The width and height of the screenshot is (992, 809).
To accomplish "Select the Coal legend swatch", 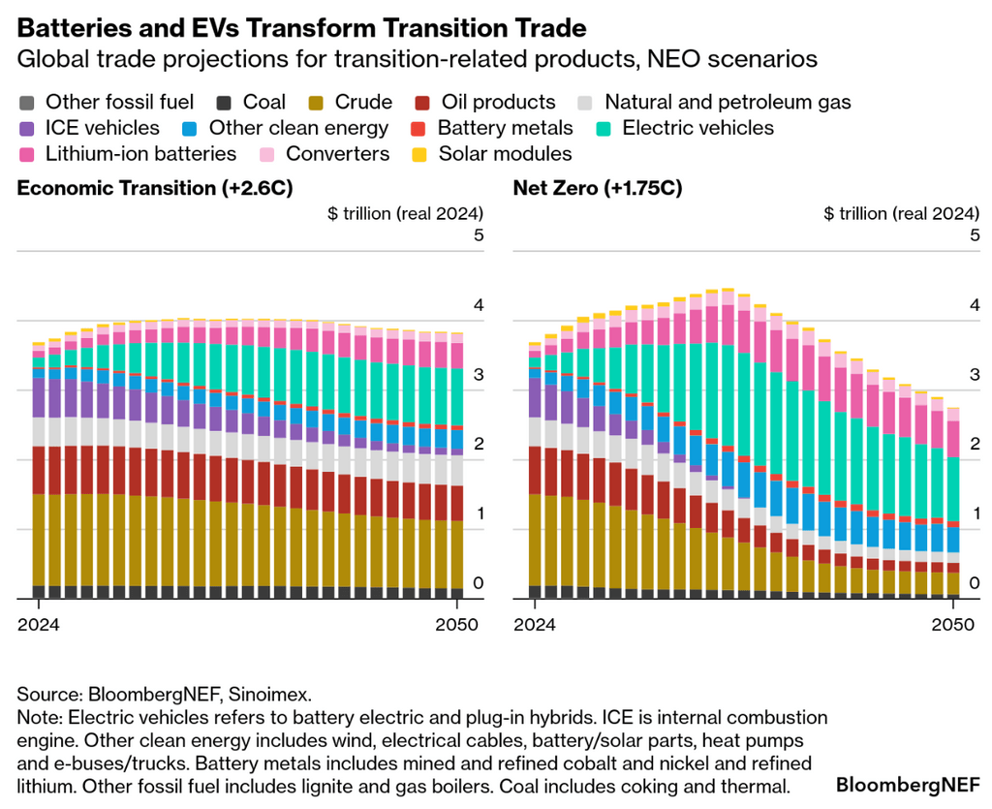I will pyautogui.click(x=225, y=102).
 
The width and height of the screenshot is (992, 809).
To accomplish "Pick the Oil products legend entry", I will pyautogui.click(x=485, y=102).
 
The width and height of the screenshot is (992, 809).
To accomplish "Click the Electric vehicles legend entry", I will pyautogui.click(x=684, y=128).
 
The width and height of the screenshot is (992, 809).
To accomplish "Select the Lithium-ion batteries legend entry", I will pyautogui.click(x=127, y=153).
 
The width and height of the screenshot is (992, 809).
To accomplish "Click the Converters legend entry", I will pyautogui.click(x=324, y=153).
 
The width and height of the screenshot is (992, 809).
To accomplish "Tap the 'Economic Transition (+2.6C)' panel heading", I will pyautogui.click(x=155, y=188).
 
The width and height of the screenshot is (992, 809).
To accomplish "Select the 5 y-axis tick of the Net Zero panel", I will pyautogui.click(x=974, y=235).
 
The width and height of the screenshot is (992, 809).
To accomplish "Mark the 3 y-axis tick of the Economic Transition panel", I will pyautogui.click(x=478, y=375).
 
